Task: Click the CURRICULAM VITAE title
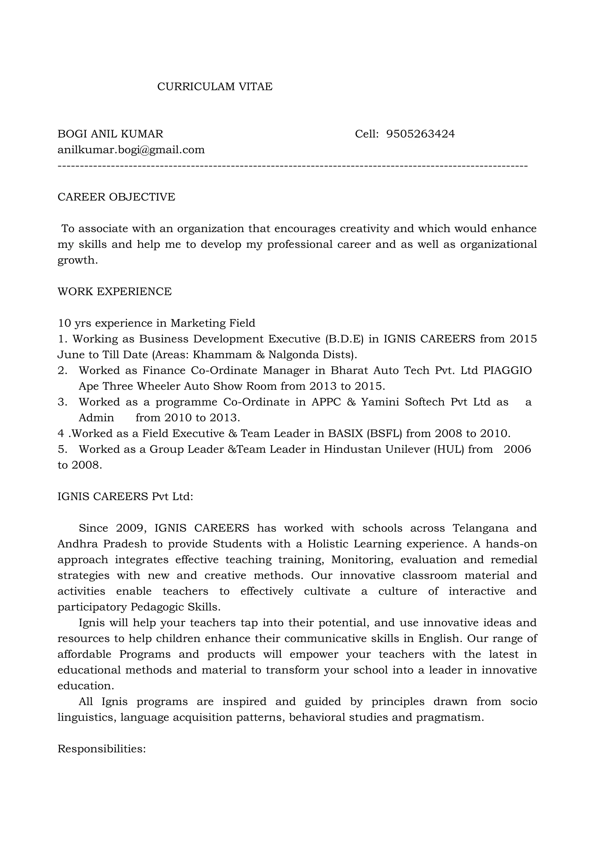[215, 86]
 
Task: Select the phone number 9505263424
[420, 134]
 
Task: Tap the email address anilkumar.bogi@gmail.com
[131, 150]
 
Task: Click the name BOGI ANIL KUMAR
[110, 134]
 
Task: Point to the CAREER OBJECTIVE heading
[116, 197]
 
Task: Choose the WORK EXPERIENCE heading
[115, 291]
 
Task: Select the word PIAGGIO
[507, 370]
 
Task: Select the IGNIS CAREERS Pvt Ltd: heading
[126, 496]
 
